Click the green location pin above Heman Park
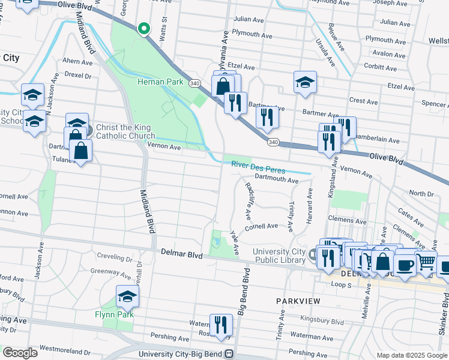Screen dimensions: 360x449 pos(143,28)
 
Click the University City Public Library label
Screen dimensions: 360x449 pos(280,256)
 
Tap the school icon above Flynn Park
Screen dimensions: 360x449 pos(127,296)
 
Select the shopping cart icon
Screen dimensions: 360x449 pos(426,261)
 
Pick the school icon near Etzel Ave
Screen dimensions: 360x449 pos(305,83)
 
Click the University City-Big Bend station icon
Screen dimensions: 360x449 pos(229,354)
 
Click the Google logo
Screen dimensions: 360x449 pos(20,353)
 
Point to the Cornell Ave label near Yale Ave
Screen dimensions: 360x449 pos(261,226)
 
